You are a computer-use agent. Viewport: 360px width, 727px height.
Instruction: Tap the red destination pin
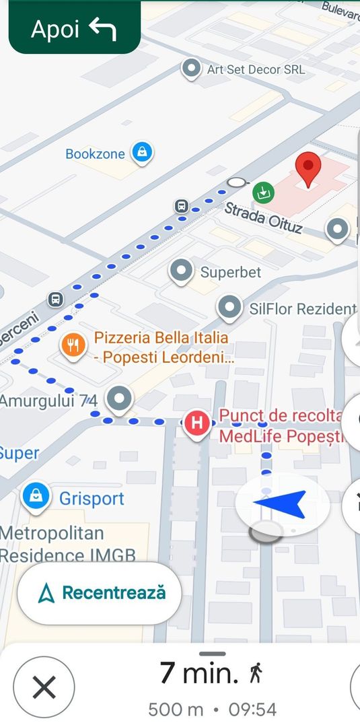pyautogui.click(x=308, y=168)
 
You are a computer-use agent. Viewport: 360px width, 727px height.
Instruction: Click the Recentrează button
pyautogui.click(x=100, y=593)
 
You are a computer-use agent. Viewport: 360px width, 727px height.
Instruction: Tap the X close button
pyautogui.click(x=44, y=687)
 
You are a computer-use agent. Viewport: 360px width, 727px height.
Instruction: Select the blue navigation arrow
pyautogui.click(x=281, y=504)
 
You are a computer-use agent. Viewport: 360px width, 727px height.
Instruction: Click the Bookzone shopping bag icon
pyautogui.click(x=142, y=152)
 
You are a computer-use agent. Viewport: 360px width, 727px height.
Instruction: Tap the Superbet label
pyautogui.click(x=231, y=273)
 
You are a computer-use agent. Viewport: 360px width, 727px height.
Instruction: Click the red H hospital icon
pyautogui.click(x=196, y=423)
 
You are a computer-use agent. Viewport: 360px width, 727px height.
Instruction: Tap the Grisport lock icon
pyautogui.click(x=36, y=497)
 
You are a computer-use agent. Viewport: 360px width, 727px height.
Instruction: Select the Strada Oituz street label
pyautogui.click(x=263, y=219)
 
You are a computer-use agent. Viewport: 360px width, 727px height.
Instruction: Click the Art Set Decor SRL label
pyautogui.click(x=256, y=69)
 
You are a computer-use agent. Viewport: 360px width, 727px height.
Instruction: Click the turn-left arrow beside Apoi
pyautogui.click(x=103, y=29)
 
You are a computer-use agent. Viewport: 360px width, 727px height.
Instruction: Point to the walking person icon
pyautogui.click(x=256, y=672)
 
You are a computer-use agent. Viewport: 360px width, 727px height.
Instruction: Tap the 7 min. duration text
pyautogui.click(x=199, y=672)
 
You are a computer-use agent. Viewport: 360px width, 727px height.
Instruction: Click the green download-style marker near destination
pyautogui.click(x=264, y=193)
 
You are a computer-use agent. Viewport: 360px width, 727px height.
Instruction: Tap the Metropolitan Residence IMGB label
pyautogui.click(x=67, y=545)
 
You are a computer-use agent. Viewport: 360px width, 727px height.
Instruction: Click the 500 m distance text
pyautogui.click(x=176, y=709)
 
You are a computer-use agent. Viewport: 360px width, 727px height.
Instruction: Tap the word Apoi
pyautogui.click(x=55, y=29)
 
